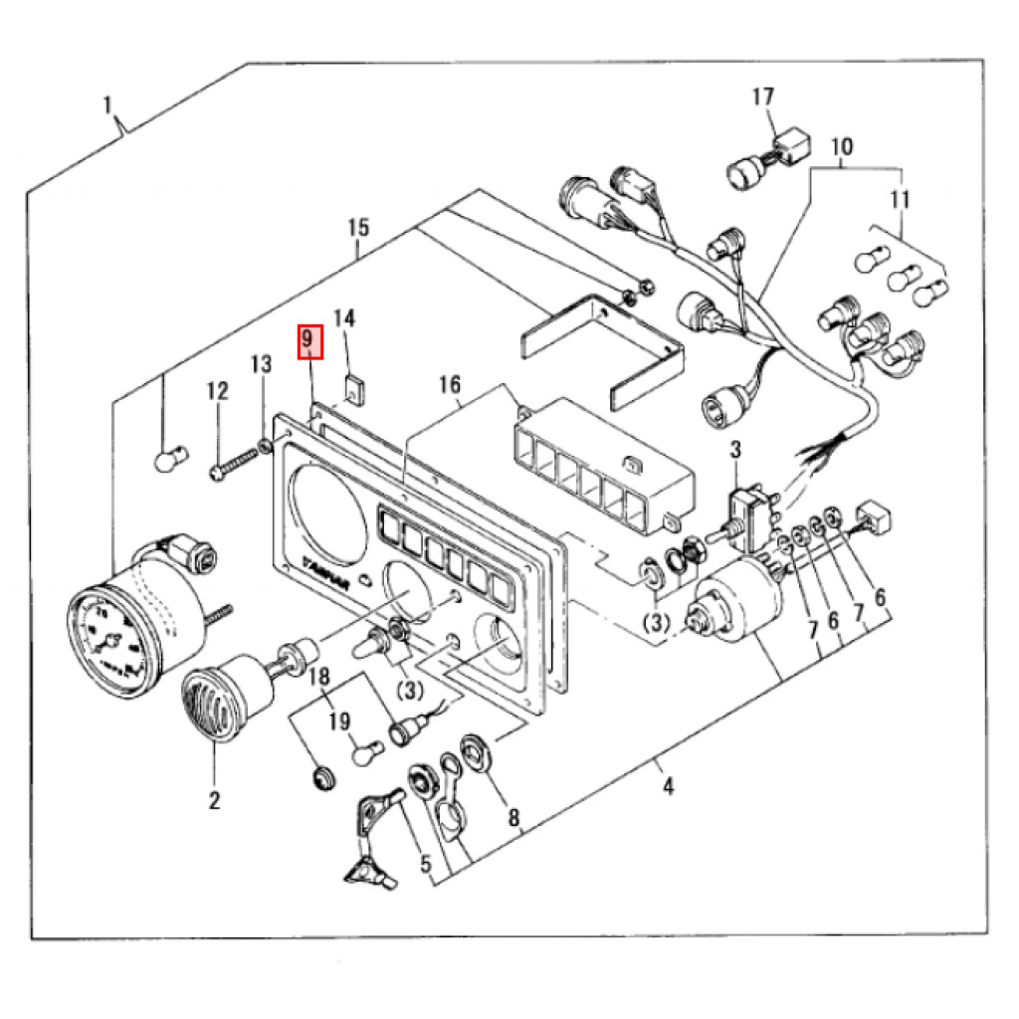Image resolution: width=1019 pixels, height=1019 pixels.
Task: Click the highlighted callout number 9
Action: (x=309, y=341)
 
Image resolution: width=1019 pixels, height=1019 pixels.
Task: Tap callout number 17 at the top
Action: (x=762, y=98)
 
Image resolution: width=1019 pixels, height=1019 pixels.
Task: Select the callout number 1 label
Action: (x=108, y=103)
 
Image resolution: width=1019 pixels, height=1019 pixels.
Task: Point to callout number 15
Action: (x=358, y=228)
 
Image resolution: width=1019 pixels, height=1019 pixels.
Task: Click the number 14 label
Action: (x=343, y=318)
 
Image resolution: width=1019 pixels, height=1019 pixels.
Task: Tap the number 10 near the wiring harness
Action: (x=841, y=147)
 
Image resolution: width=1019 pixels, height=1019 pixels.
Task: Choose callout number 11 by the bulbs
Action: (x=900, y=200)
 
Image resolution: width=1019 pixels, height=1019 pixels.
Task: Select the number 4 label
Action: (x=668, y=788)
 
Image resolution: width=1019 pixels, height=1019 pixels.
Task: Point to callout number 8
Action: (x=513, y=818)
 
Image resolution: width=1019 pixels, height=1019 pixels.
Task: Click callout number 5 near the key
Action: (x=426, y=864)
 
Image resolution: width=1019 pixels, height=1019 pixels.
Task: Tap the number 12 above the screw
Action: (x=217, y=392)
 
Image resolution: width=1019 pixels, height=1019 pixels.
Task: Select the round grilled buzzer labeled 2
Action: (x=210, y=703)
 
